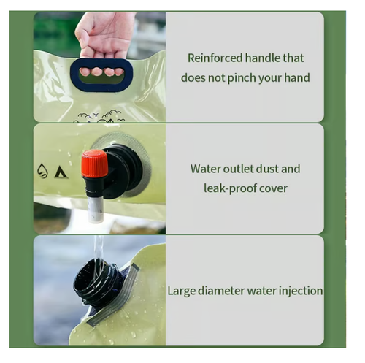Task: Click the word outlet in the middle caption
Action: pos(241,169)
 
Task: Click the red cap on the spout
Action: pos(93,164)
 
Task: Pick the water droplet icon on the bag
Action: pos(42,171)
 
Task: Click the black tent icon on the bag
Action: pos(60,172)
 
